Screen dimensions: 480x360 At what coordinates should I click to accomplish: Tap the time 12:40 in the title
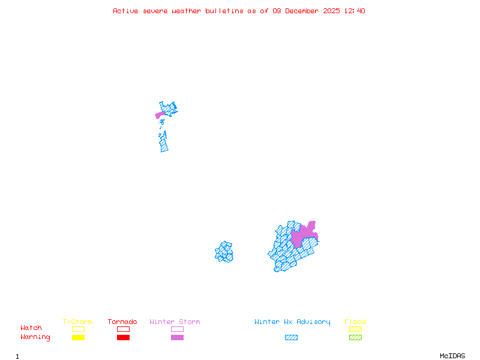pos(353,11)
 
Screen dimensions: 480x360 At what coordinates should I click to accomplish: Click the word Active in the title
pos(126,11)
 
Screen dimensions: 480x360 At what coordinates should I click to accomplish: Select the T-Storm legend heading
pos(77,322)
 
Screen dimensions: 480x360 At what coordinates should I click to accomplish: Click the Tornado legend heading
pos(122,322)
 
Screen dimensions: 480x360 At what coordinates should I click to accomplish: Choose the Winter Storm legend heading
pos(175,322)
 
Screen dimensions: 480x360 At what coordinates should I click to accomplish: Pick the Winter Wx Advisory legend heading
pos(292,322)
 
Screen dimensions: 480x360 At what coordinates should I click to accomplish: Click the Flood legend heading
pos(355,322)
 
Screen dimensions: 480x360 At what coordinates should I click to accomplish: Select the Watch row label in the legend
pos(31,328)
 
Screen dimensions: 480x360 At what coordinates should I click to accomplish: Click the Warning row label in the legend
pos(35,337)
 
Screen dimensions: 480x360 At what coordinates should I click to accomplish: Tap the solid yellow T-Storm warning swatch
pos(78,338)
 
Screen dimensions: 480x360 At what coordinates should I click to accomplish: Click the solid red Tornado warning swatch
pos(123,338)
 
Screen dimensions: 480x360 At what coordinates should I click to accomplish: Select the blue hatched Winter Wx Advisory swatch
pos(291,338)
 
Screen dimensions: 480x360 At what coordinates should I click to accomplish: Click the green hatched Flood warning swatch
pos(355,338)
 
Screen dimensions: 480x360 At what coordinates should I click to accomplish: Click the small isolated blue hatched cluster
pos(224,252)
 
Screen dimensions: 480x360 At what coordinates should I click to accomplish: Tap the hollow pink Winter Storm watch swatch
pos(177,329)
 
